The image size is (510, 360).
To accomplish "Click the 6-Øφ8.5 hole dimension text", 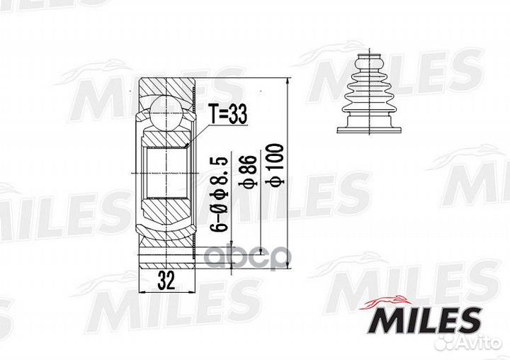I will [x=220, y=193].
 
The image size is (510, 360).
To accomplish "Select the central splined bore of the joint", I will [x=165, y=174].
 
